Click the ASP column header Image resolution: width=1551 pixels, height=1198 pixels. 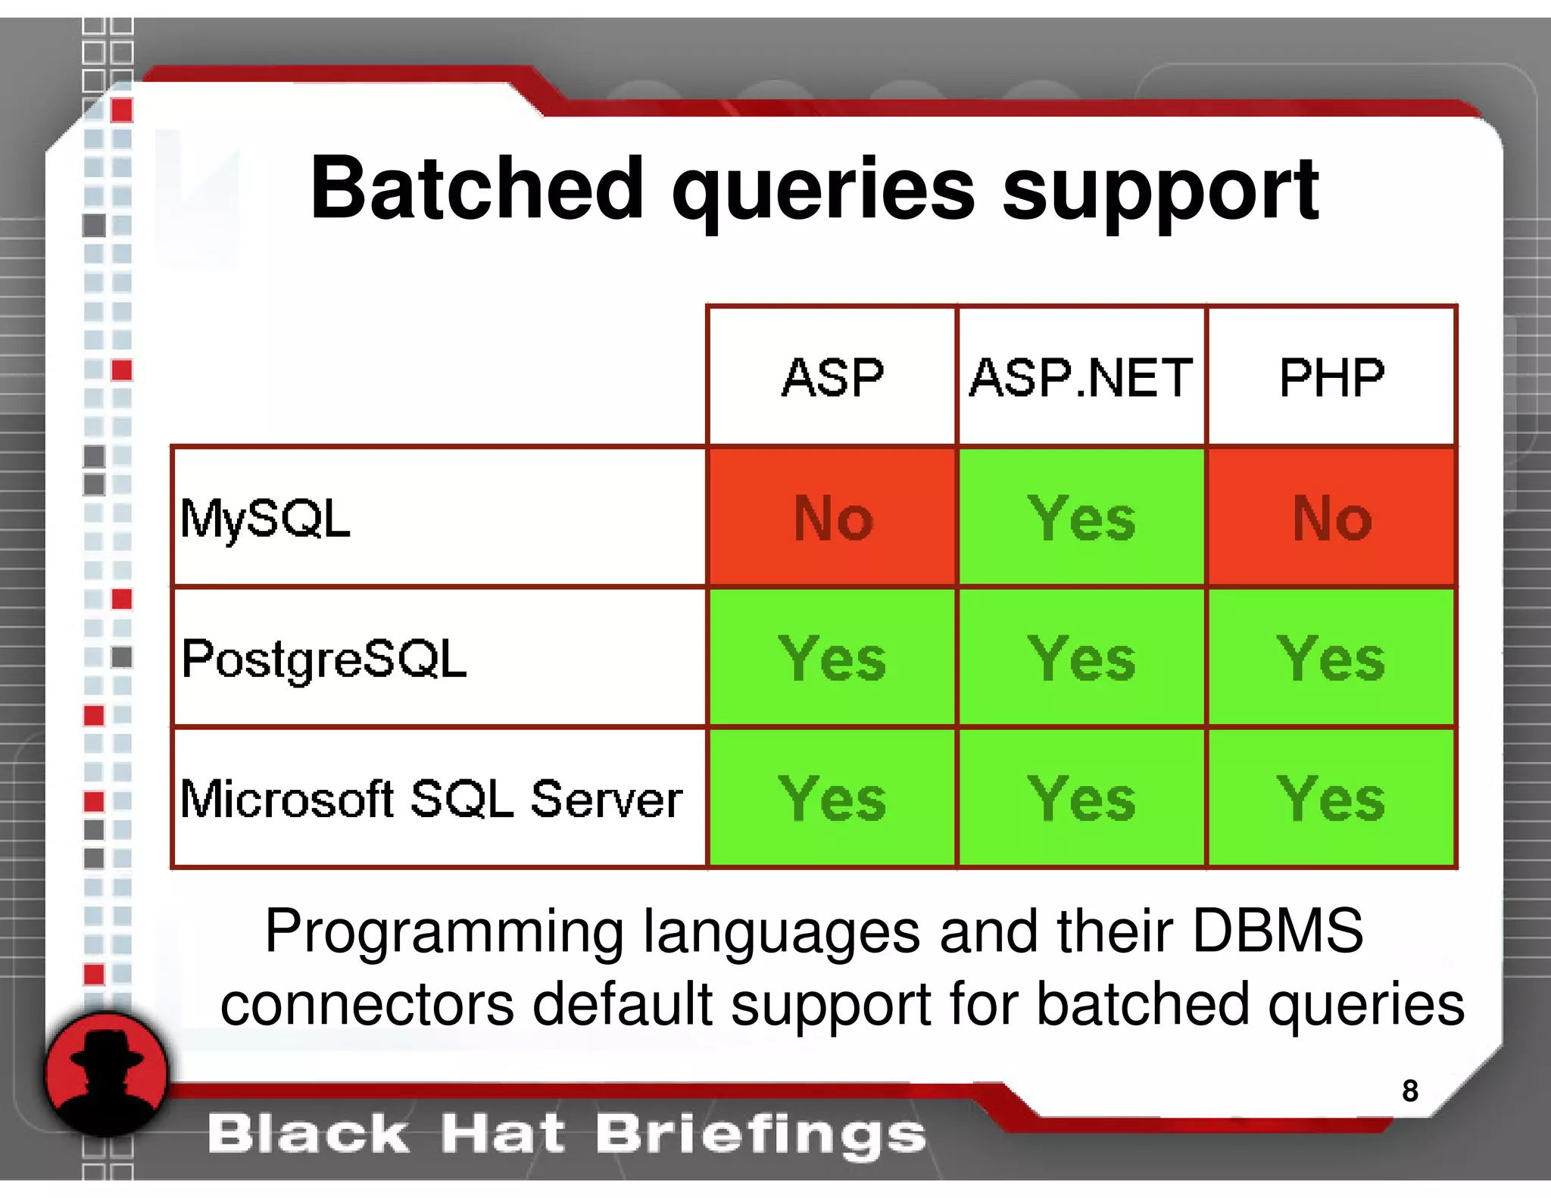point(832,377)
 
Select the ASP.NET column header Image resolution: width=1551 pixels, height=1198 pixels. point(1081,377)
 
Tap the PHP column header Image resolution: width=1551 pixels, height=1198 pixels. point(1331,377)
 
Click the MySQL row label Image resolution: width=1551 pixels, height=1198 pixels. point(265,519)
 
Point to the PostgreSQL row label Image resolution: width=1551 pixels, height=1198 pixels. point(323,659)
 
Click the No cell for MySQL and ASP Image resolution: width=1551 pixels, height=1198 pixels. point(832,519)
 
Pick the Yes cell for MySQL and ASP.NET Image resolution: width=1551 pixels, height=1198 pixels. point(1081,519)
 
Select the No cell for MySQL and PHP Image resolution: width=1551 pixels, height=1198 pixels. point(1331,519)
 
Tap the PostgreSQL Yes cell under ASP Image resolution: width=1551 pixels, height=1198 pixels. point(832,659)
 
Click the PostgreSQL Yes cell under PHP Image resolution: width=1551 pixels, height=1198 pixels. point(1331,659)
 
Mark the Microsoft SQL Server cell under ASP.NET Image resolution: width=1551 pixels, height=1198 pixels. point(1081,799)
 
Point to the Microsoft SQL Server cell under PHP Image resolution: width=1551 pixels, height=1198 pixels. point(1331,799)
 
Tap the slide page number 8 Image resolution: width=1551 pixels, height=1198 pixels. point(1409,1090)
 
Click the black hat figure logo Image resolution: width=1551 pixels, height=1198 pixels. point(106,1074)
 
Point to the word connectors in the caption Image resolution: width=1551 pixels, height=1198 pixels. point(367,1004)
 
